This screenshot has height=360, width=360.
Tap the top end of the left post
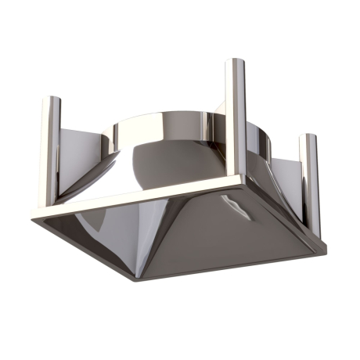click(x=51, y=100)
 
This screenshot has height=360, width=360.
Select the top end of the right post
click(x=310, y=137)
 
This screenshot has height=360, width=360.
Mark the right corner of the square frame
click(x=322, y=249)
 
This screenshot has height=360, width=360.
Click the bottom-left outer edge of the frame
click(x=86, y=249)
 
